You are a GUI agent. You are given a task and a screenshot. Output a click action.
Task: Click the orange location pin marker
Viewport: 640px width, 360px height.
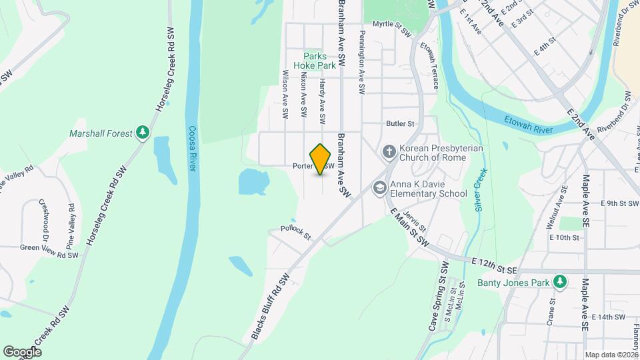pyautogui.click(x=321, y=159)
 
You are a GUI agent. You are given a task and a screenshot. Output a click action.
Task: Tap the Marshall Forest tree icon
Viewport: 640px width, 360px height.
pyautogui.click(x=142, y=133)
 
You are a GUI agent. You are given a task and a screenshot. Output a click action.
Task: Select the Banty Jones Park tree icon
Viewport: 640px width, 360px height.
pyautogui.click(x=561, y=282)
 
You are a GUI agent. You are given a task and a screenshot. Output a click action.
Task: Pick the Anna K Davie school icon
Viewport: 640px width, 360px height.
pyautogui.click(x=380, y=189)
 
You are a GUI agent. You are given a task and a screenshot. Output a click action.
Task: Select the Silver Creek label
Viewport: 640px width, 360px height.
pyautogui.click(x=480, y=190)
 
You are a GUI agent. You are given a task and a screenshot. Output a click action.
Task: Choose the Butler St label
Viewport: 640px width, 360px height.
pyautogui.click(x=400, y=123)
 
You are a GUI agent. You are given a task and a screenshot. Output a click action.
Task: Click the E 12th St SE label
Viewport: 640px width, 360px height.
pyautogui.click(x=493, y=265)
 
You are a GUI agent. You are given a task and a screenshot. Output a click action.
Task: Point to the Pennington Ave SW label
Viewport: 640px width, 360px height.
pyautogui.click(x=362, y=61)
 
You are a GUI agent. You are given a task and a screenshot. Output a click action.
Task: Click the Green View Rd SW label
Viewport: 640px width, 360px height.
pyautogui.click(x=49, y=255)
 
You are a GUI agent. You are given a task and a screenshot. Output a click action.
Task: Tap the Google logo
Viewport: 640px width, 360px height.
pyautogui.click(x=22, y=351)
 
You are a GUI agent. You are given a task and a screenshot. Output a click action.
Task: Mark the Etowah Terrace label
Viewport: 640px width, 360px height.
pyautogui.click(x=430, y=65)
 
